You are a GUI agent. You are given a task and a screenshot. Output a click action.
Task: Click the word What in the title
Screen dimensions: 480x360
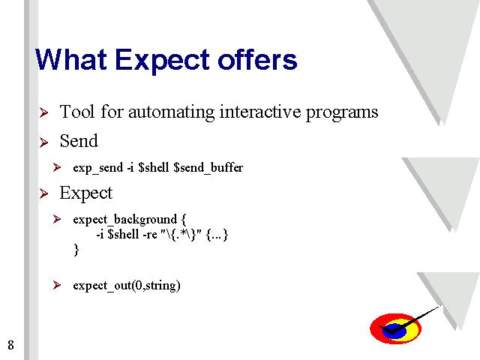[x=71, y=60]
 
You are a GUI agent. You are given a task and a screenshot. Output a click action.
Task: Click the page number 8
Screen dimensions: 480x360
[x=10, y=345]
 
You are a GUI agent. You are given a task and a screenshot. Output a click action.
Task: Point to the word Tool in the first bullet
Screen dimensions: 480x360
[x=76, y=112]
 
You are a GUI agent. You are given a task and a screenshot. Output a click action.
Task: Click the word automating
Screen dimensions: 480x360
[x=172, y=112]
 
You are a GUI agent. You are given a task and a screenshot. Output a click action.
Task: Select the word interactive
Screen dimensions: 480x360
[x=260, y=112]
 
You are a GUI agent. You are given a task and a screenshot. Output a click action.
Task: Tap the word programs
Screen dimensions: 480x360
[x=342, y=113]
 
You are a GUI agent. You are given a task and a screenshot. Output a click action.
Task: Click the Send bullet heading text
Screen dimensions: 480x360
[x=79, y=141]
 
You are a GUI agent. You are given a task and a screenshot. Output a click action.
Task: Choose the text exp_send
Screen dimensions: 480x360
[x=98, y=168]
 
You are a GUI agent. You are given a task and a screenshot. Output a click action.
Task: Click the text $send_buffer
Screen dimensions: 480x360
[x=208, y=168]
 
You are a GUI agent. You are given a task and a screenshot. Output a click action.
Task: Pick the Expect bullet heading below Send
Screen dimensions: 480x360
[x=86, y=193]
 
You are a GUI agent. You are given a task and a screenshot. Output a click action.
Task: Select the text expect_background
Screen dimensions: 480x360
[x=125, y=220]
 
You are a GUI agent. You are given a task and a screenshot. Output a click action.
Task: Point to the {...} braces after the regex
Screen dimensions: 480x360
[x=217, y=235]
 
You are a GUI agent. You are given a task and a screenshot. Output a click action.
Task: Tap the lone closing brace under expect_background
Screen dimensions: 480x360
[x=76, y=250]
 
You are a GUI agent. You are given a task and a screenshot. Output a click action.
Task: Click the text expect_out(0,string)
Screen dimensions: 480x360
[x=127, y=286]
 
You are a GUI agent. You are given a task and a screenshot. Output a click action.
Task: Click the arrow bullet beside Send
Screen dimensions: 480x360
[x=44, y=142]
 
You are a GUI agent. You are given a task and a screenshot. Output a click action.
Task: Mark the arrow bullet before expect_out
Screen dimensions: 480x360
[x=57, y=285]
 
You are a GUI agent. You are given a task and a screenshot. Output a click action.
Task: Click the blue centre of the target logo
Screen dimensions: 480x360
[x=394, y=331]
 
